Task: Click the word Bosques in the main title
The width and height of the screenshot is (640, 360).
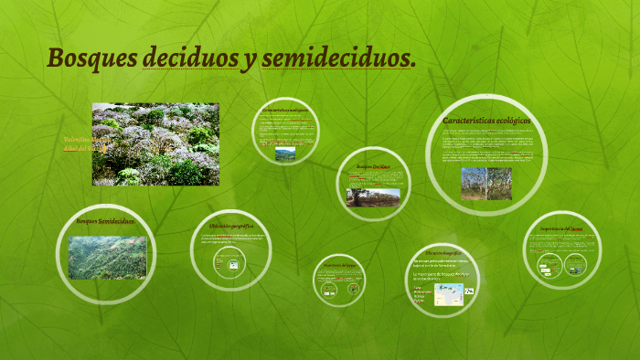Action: click(x=91, y=58)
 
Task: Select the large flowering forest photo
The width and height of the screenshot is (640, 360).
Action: click(x=155, y=144)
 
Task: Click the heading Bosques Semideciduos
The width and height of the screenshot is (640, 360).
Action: click(x=105, y=221)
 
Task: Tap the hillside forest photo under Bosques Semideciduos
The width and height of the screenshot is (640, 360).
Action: click(x=108, y=257)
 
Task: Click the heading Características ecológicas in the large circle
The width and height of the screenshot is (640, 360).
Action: click(x=486, y=121)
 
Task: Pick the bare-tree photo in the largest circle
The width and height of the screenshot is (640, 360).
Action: click(x=485, y=184)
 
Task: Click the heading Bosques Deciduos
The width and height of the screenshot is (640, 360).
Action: click(x=372, y=167)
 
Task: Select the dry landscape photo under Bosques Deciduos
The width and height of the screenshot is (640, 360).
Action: click(x=372, y=197)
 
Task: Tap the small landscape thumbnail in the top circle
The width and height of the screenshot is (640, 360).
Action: click(x=285, y=154)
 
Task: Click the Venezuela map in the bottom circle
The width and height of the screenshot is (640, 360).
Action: click(x=448, y=293)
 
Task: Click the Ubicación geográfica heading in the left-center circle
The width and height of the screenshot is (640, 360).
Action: click(x=230, y=225)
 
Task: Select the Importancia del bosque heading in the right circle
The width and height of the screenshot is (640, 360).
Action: click(x=561, y=228)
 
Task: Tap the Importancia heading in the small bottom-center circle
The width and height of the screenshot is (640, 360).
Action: click(x=339, y=267)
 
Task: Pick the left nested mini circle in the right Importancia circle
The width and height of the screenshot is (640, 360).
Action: click(x=548, y=266)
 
